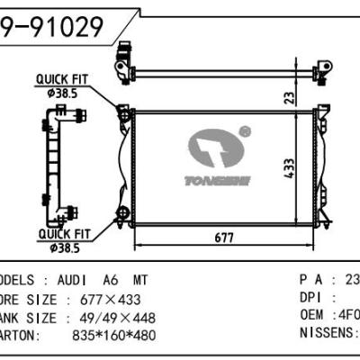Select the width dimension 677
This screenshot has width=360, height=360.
click(x=224, y=238)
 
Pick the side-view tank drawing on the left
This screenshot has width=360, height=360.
click(x=60, y=157)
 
